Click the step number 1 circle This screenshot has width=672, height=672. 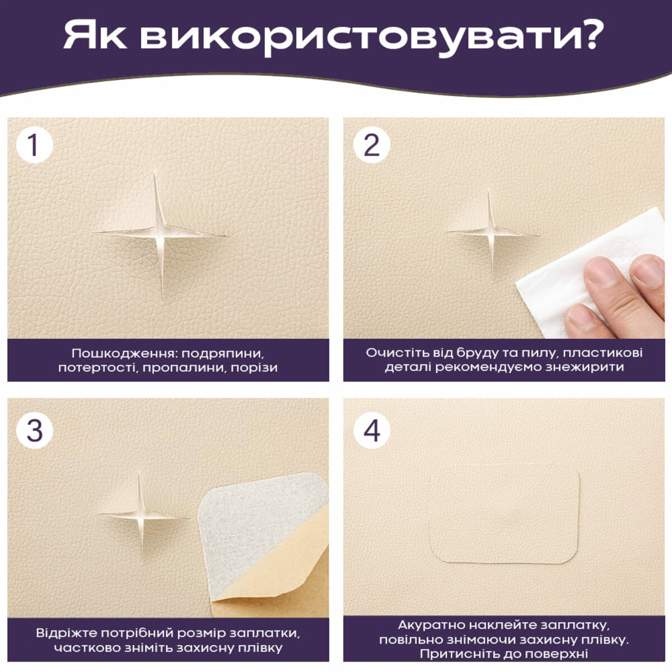coord(34,144)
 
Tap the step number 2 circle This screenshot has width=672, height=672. coord(371,144)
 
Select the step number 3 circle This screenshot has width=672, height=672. coord(34,430)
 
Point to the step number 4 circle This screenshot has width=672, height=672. coord(371,430)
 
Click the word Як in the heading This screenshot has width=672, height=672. coord(94,36)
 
